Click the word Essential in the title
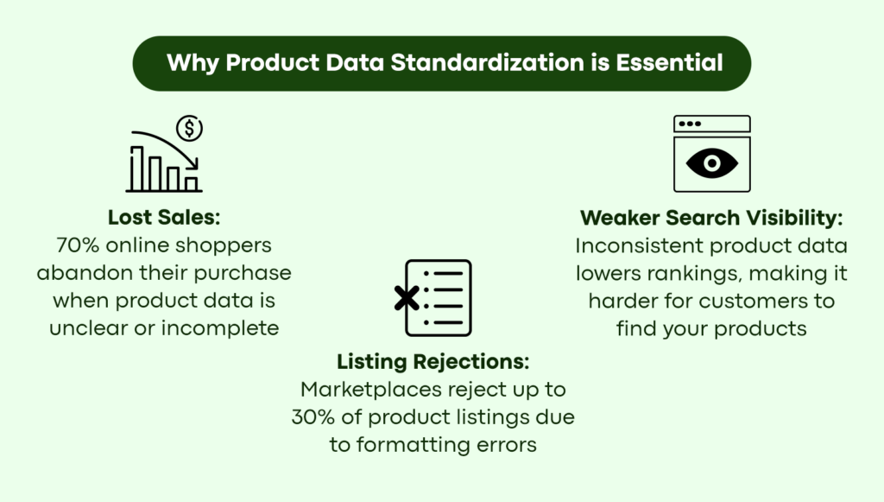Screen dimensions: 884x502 tap(669, 62)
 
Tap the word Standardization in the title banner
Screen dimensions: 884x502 tap(487, 62)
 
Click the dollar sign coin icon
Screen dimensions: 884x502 tap(189, 128)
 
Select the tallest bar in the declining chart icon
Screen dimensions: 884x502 tap(137, 168)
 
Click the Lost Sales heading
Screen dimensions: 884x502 tap(164, 217)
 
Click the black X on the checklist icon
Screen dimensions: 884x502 tap(407, 298)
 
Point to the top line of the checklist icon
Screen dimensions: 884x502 tap(448, 274)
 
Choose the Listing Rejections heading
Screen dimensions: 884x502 tap(433, 361)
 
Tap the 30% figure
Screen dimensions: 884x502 tap(313, 417)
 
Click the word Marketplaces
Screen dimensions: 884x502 tap(371, 390)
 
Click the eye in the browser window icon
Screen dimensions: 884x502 tap(712, 163)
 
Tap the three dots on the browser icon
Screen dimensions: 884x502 tap(690, 124)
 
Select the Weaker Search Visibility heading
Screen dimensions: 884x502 tap(711, 218)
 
